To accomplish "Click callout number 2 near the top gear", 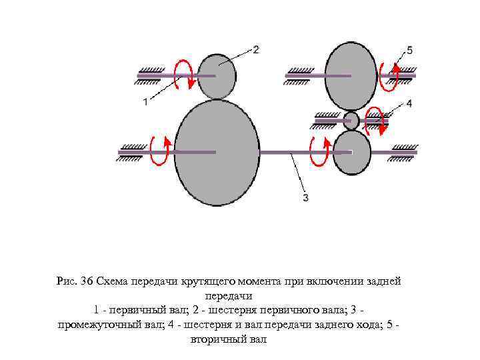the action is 256,49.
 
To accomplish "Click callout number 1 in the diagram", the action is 145,101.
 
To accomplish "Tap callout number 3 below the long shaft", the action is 305,197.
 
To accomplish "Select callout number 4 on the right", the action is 409,103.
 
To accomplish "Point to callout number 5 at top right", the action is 409,50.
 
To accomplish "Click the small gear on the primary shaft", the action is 217,75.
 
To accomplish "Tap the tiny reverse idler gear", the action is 351,121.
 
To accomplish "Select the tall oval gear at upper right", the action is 352,75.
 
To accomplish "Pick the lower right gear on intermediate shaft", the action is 352,152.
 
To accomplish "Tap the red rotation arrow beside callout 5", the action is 389,75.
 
